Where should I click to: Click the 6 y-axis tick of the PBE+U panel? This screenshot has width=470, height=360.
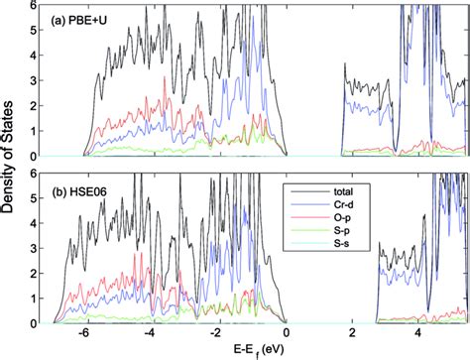click(37, 6)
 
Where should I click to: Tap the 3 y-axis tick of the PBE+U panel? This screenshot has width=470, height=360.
click(37, 81)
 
